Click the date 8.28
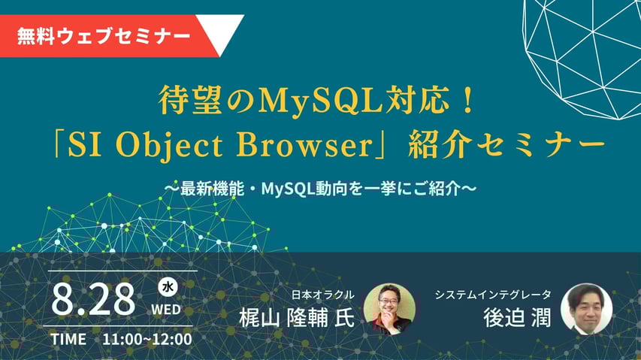coord(94,299)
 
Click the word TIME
coord(68,339)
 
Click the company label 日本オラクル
coord(324,294)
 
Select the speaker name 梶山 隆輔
coord(283,317)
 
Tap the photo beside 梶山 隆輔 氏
coord(389,308)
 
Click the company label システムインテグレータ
coord(493,294)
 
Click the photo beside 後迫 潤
coord(586,308)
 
